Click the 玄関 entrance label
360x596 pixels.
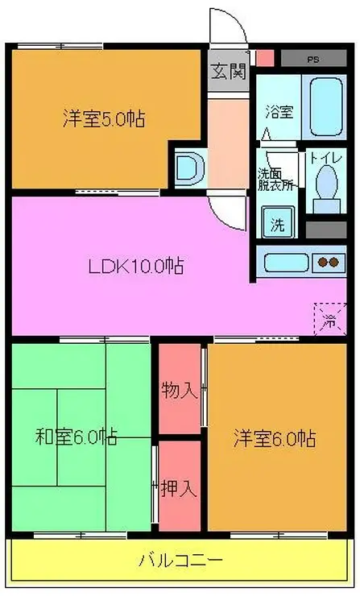(229, 71)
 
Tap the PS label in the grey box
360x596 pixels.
(313, 60)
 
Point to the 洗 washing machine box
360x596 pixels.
(278, 222)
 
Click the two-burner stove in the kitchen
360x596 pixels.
(329, 263)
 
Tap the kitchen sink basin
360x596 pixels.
(286, 263)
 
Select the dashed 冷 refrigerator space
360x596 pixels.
(330, 319)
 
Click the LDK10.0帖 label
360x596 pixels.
(136, 266)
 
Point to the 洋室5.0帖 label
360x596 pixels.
(104, 118)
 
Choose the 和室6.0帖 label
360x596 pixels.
(76, 437)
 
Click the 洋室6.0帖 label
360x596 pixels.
(275, 438)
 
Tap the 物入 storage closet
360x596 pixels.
(180, 388)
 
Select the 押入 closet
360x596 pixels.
(180, 486)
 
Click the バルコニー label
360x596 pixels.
(180, 561)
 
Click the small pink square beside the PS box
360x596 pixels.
(265, 58)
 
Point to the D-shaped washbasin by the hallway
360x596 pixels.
(190, 168)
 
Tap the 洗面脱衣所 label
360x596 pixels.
(275, 180)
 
